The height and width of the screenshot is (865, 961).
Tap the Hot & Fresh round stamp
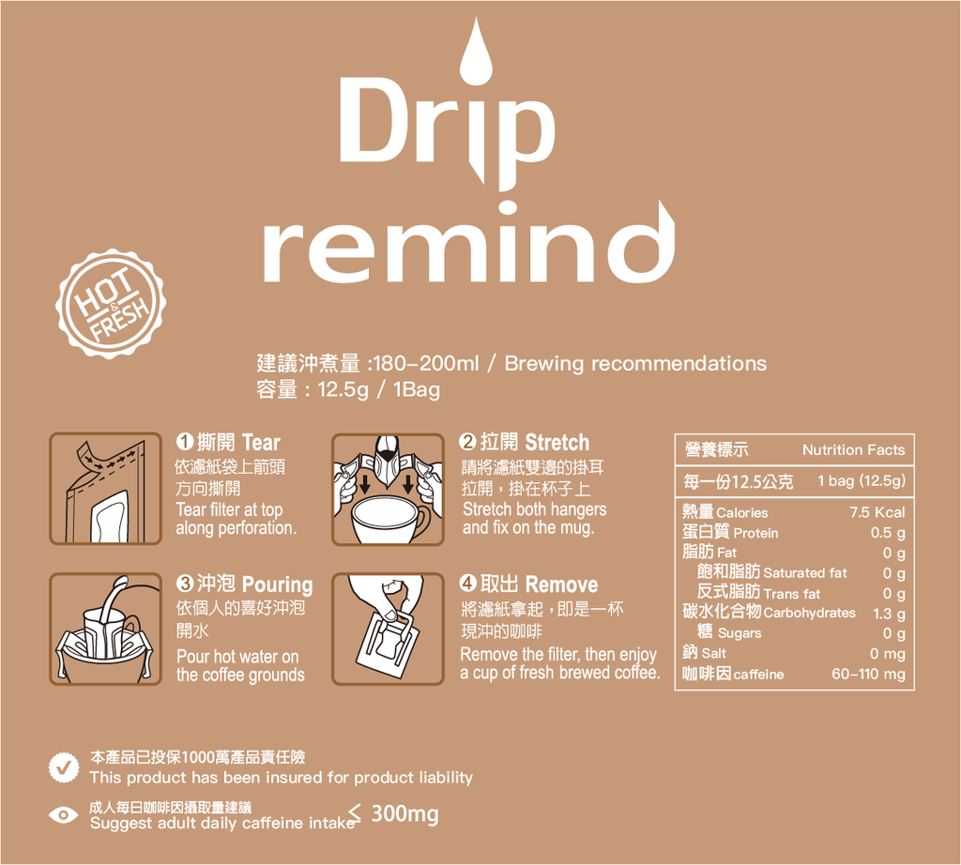pyautogui.click(x=111, y=304)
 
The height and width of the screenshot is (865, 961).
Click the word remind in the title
pyautogui.click(x=469, y=245)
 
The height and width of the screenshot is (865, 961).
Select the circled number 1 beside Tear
pyautogui.click(x=185, y=441)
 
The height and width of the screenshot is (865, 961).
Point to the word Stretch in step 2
pyautogui.click(x=557, y=442)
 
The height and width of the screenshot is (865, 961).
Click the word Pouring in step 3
pyautogui.click(x=277, y=584)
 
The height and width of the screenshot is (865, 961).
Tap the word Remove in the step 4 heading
pyautogui.click(x=561, y=584)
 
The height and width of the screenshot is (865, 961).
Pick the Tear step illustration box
pyautogui.click(x=105, y=489)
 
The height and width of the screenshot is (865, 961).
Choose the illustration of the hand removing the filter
pyautogui.click(x=388, y=629)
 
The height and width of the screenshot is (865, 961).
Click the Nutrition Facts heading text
pyautogui.click(x=853, y=450)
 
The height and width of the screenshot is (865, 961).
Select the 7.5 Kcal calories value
pyautogui.click(x=877, y=512)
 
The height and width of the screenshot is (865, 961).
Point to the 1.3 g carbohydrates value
pyautogui.click(x=889, y=614)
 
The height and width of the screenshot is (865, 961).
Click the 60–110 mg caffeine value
pyautogui.click(x=868, y=674)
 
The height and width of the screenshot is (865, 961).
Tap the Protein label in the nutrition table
pyautogui.click(x=755, y=533)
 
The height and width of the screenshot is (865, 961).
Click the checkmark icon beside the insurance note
pyautogui.click(x=64, y=767)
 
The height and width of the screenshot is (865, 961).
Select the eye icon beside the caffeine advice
pyautogui.click(x=63, y=815)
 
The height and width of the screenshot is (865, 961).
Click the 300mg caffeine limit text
pyautogui.click(x=404, y=813)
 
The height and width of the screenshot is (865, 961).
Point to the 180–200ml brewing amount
pyautogui.click(x=425, y=363)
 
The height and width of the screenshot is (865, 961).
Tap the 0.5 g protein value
pyautogui.click(x=888, y=533)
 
